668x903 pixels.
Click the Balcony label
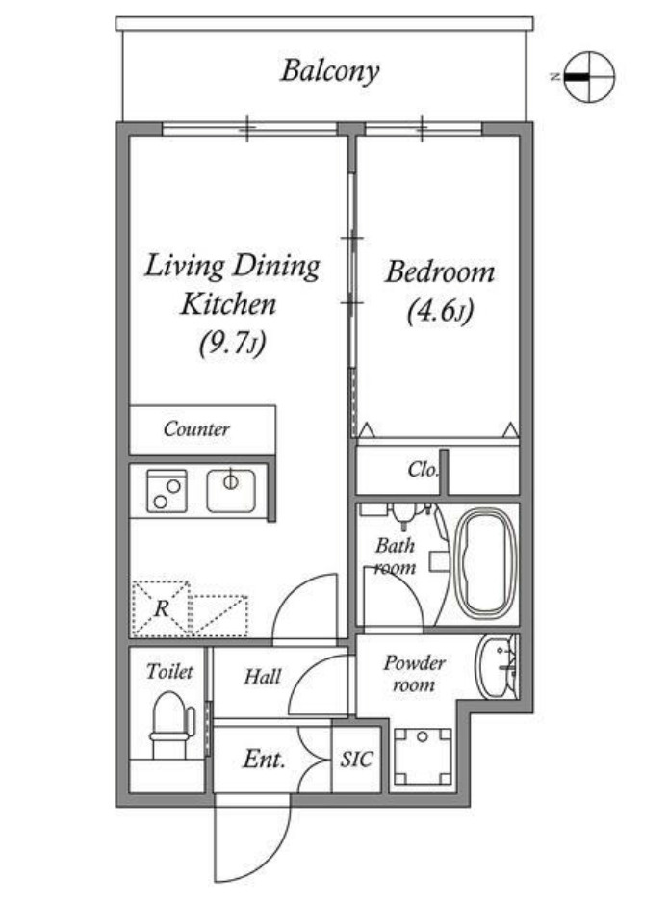point(330,71)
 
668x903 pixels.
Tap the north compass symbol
point(589,77)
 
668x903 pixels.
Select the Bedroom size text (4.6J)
point(440,313)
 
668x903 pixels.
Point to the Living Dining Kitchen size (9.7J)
point(232,344)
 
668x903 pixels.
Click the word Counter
point(196,428)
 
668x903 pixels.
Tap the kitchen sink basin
point(231,491)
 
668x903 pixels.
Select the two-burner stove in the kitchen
point(167,491)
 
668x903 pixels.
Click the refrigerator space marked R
point(162,608)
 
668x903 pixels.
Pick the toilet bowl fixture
point(170,724)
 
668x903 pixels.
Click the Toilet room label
point(168,672)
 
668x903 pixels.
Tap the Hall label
point(263,677)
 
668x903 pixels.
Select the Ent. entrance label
point(264,759)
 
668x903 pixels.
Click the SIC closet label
point(356,759)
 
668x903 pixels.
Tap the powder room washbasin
point(496,667)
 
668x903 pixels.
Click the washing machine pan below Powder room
point(423,757)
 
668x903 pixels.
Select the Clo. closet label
point(424,470)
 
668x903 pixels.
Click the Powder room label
point(415,674)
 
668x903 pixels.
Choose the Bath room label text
point(395,556)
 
